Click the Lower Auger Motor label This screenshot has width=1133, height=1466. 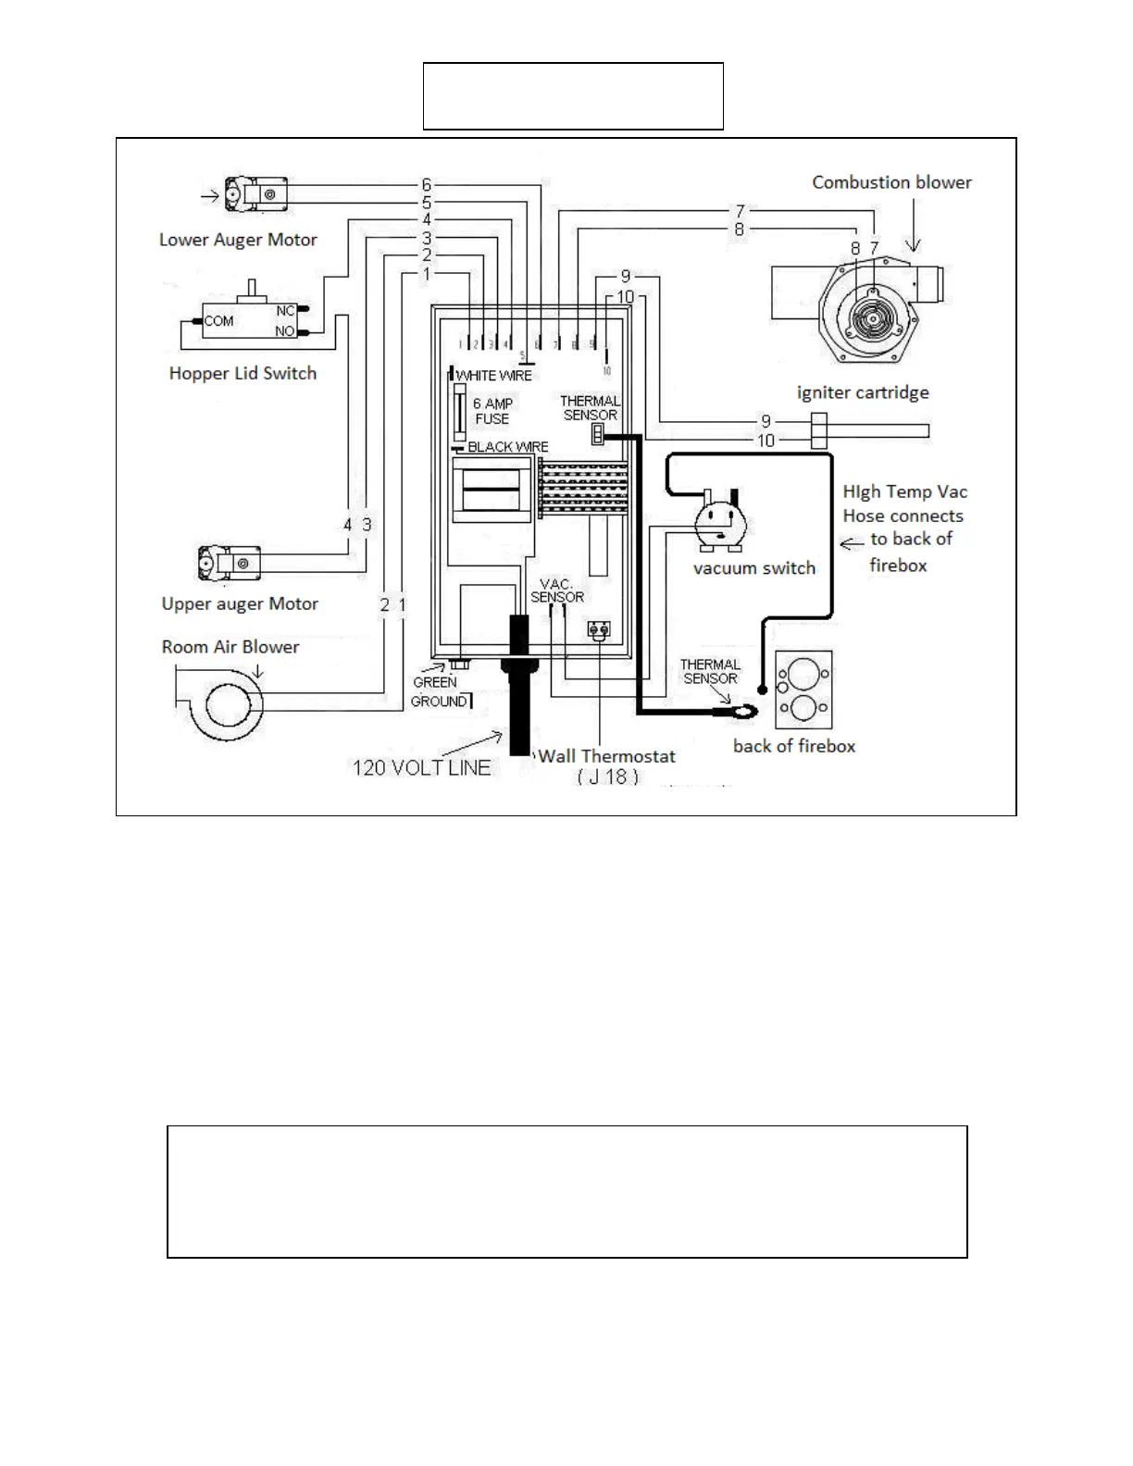pyautogui.click(x=238, y=240)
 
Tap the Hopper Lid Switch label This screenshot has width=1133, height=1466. pyautogui.click(x=243, y=373)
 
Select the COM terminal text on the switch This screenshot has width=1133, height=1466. pyautogui.click(x=219, y=321)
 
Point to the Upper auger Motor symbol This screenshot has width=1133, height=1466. pyautogui.click(x=229, y=562)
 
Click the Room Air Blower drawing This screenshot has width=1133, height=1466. pyautogui.click(x=223, y=706)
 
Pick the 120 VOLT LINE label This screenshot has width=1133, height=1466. pyautogui.click(x=421, y=767)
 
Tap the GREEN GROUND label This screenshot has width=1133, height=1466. pyautogui.click(x=438, y=692)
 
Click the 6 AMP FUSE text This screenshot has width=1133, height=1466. pyautogui.click(x=492, y=411)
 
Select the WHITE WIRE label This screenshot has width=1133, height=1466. pyautogui.click(x=494, y=376)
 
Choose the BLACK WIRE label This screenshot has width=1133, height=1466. pyautogui.click(x=507, y=447)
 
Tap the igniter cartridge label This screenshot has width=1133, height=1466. pyautogui.click(x=863, y=392)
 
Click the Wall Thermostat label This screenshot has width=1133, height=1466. pyautogui.click(x=607, y=756)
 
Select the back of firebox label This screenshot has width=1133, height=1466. pyautogui.click(x=794, y=746)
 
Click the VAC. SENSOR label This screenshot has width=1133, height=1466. pyautogui.click(x=557, y=590)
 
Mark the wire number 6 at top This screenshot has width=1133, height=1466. pyautogui.click(x=427, y=185)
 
